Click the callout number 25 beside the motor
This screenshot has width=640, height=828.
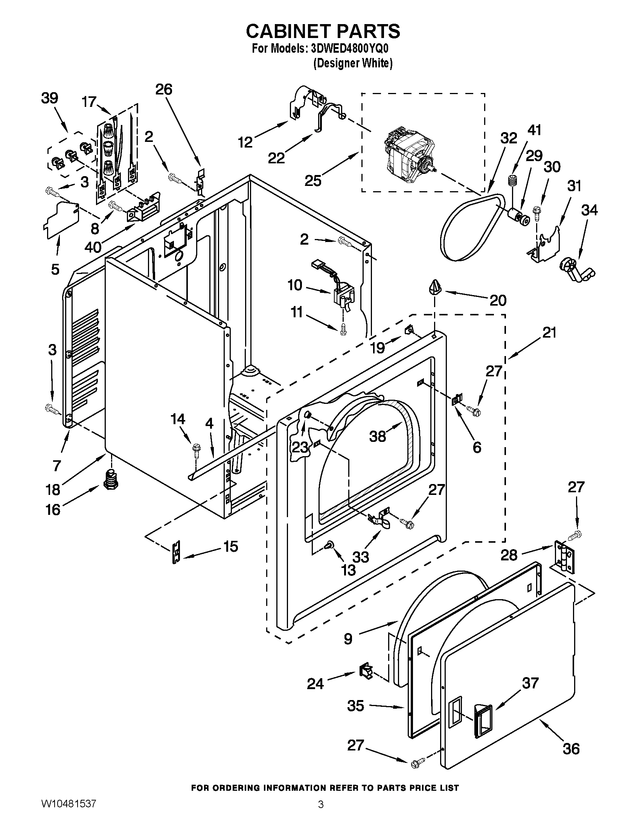tap(313, 181)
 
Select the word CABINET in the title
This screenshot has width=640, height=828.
tap(287, 31)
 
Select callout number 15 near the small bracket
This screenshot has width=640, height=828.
tap(230, 547)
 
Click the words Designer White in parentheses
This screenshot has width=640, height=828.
tap(353, 63)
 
